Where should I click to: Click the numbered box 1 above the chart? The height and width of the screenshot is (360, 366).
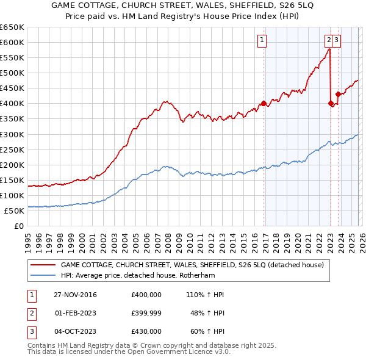pyautogui.click(x=261, y=41)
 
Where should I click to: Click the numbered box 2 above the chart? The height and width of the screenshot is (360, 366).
pyautogui.click(x=329, y=41)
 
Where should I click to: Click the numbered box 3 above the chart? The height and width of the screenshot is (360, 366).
pyautogui.click(x=337, y=41)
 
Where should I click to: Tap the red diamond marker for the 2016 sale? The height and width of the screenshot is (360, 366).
pyautogui.click(x=264, y=103)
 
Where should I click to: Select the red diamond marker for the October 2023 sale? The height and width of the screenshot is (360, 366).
pyautogui.click(x=337, y=94)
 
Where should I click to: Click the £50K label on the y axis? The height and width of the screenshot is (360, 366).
pyautogui.click(x=14, y=211)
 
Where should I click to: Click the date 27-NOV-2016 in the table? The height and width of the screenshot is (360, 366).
pyautogui.click(x=76, y=295)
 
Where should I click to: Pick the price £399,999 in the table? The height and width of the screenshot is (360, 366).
pyautogui.click(x=146, y=313)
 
